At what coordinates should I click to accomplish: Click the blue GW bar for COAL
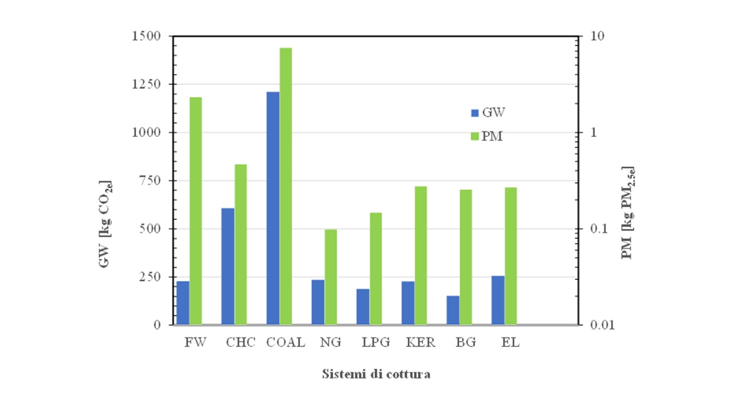click(273, 208)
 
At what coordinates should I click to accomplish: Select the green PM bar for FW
click(196, 211)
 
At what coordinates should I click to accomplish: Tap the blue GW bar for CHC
click(228, 267)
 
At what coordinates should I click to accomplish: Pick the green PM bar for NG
click(331, 277)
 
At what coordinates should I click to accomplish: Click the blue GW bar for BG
click(453, 310)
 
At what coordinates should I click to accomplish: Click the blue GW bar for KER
click(408, 303)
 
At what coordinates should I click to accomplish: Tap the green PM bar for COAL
click(286, 186)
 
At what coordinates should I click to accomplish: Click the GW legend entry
click(488, 112)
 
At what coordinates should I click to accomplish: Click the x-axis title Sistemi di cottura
click(376, 374)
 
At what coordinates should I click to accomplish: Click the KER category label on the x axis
click(420, 343)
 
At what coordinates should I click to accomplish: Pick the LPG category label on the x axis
click(376, 343)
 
